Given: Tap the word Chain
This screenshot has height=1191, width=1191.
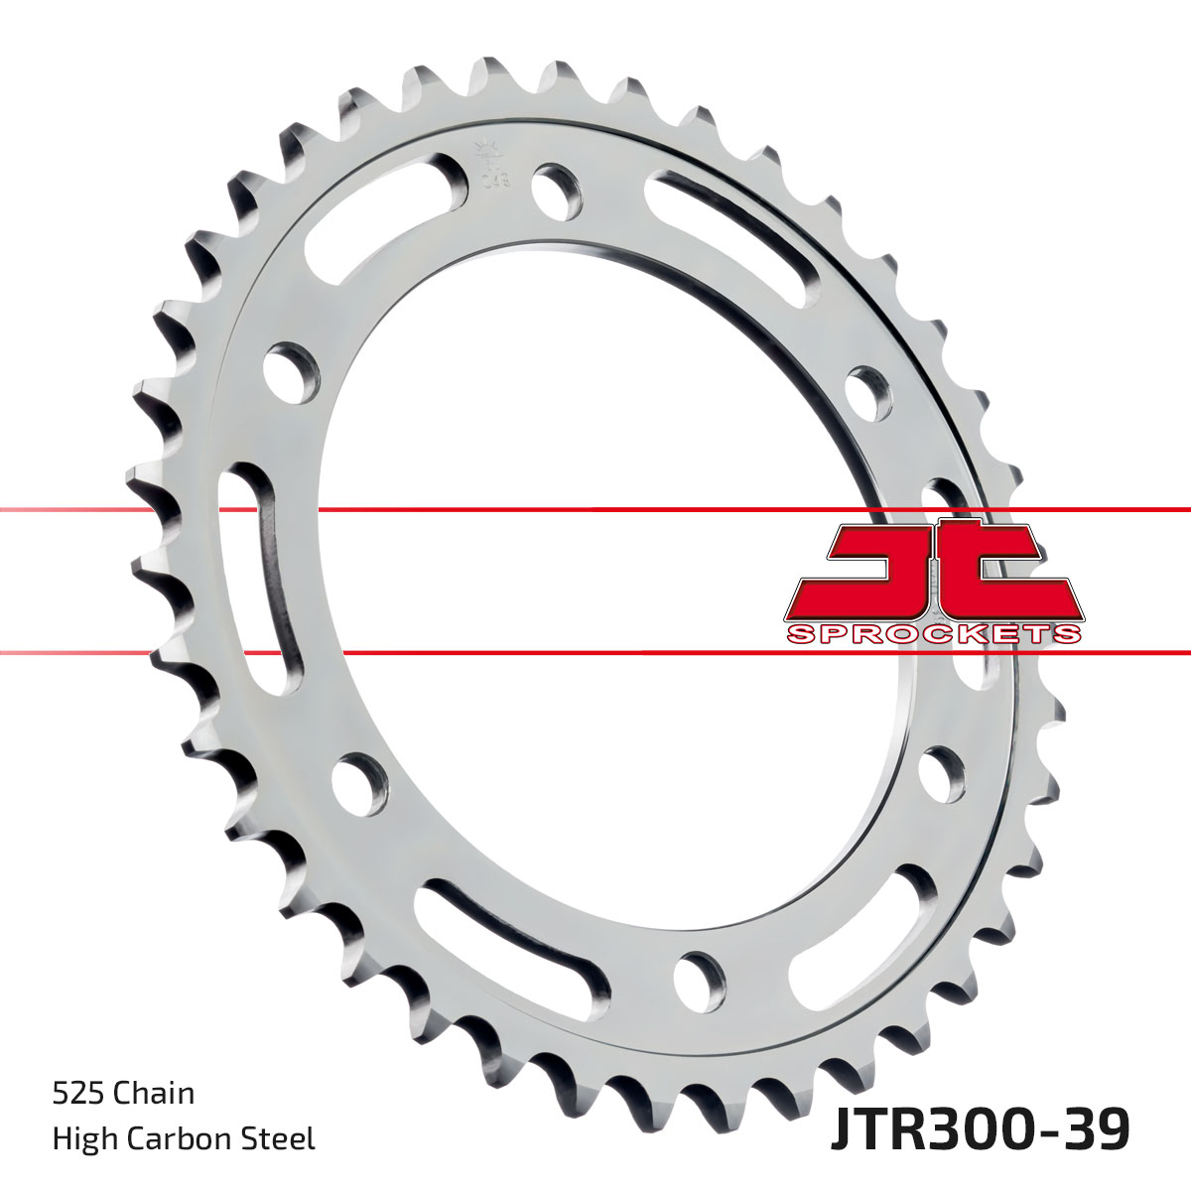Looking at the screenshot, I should [154, 1094].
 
